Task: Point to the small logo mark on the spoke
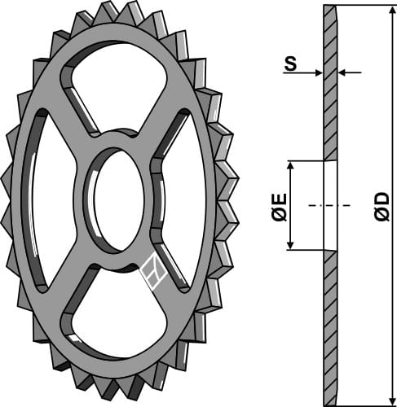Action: coord(154,273)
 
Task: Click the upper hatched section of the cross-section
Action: coord(329,81)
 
